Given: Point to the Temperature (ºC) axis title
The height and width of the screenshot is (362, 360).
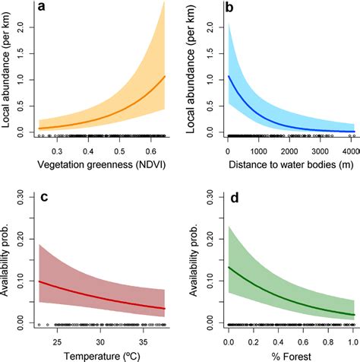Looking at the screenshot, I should pos(101,354).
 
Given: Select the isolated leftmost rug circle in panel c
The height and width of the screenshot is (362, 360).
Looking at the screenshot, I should pos(39,325).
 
